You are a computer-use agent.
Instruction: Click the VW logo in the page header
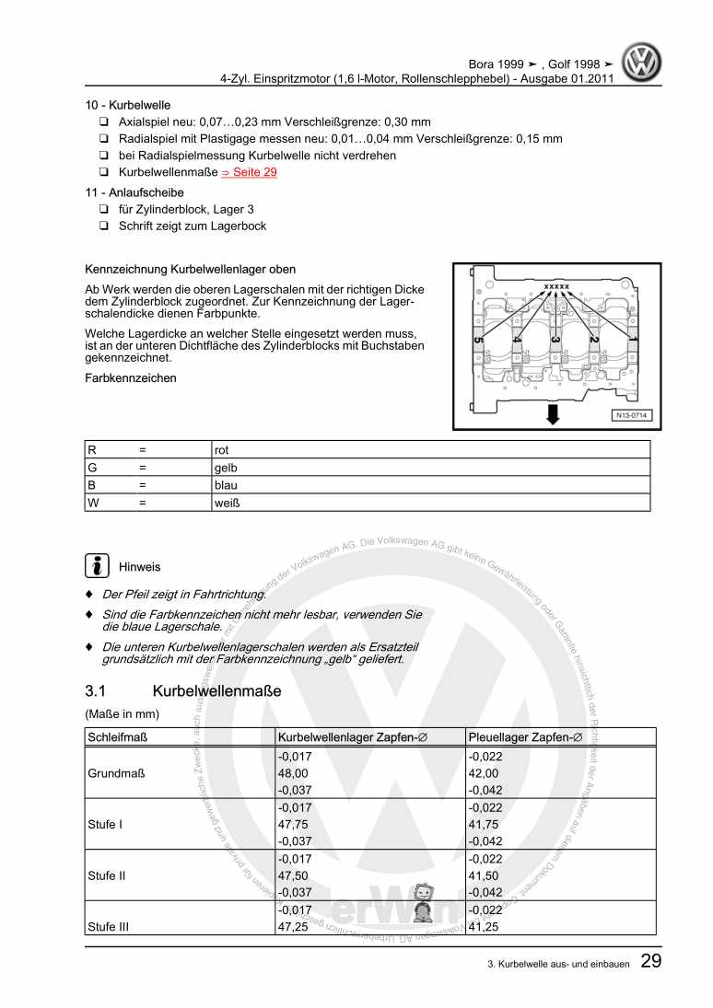point(642,64)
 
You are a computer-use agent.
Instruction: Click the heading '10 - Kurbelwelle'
point(127,106)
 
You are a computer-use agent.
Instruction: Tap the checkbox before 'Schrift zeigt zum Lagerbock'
point(105,226)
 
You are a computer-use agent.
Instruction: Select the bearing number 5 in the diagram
point(477,341)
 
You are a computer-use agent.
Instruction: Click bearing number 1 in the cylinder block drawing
point(632,340)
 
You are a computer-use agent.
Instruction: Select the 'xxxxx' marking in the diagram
point(557,286)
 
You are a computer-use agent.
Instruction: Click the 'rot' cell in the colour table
point(222,450)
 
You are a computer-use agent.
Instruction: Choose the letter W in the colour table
point(93,504)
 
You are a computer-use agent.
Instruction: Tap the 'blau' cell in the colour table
point(226,486)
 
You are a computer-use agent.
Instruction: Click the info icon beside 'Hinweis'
point(96,565)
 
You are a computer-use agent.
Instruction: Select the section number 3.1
point(98,690)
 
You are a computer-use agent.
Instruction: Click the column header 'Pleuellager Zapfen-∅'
point(525,737)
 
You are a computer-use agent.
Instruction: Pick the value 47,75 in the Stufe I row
point(293,825)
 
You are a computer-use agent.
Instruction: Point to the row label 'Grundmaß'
point(114,773)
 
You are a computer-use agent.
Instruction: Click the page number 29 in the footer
point(649,963)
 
